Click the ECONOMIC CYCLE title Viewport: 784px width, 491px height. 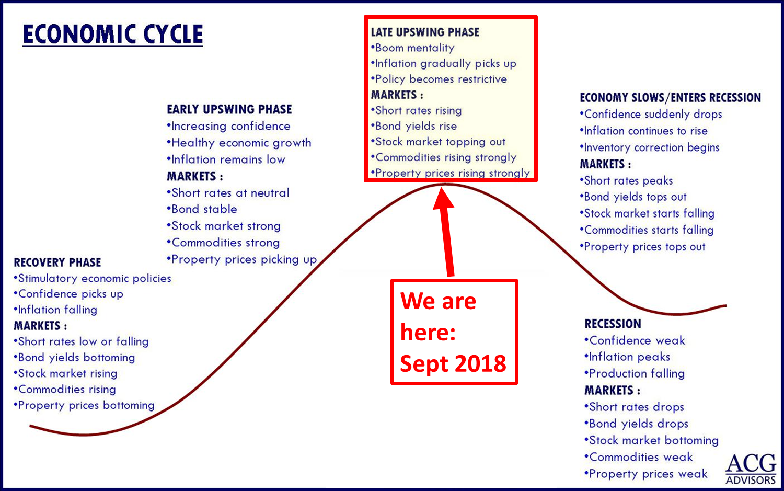113,35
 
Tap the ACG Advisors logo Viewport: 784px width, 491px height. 751,469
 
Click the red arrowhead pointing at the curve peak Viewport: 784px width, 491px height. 443,199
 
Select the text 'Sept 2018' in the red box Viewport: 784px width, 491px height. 453,363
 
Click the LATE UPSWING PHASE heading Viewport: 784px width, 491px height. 425,32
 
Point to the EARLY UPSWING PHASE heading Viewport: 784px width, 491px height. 229,109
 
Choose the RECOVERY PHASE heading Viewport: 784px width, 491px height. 57,262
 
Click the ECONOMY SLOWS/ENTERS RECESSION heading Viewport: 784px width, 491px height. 670,97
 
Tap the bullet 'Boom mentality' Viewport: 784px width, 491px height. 413,48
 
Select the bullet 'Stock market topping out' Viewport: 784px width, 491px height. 438,142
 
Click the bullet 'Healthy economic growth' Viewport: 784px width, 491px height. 239,143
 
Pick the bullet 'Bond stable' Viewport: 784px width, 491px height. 202,209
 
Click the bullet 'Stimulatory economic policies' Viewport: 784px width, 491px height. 93,278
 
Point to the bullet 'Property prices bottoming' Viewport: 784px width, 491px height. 84,405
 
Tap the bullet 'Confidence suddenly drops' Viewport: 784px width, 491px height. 651,114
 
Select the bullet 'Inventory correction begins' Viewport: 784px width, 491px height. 650,147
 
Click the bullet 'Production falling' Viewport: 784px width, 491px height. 635,373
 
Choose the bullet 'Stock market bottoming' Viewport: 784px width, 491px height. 651,440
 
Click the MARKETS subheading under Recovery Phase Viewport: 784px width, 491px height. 40,326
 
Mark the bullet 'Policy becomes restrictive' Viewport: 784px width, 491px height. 439,79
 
